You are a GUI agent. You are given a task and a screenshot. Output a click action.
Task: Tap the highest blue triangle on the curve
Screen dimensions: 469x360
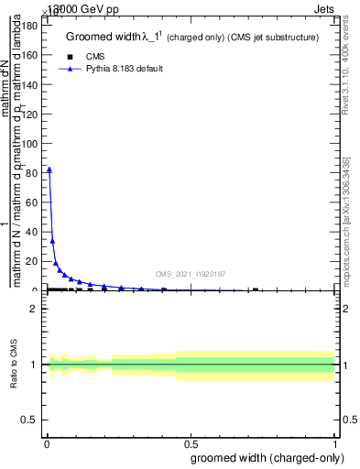click(49, 169)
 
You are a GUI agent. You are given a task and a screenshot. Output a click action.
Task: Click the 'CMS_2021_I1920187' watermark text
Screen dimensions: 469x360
click(191, 273)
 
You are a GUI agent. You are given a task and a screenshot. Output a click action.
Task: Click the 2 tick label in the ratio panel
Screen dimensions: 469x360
click(34, 309)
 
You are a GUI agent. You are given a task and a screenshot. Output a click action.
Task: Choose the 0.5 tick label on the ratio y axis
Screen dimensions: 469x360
click(29, 420)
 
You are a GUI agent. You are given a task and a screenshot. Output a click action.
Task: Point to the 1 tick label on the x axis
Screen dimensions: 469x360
click(335, 443)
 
